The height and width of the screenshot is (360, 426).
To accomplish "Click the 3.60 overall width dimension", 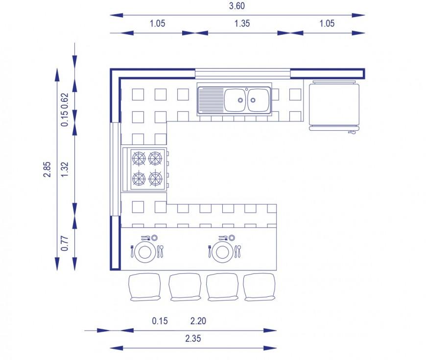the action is pos(237,6).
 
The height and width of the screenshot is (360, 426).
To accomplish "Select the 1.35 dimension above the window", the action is pos(242,24).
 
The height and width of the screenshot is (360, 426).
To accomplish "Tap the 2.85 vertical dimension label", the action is pos(47,169).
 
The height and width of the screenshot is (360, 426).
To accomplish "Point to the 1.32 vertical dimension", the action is pos(65,169).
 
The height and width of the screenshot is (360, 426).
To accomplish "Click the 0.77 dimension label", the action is pos(65,243).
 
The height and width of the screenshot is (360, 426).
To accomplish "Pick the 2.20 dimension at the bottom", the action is pos(198,321).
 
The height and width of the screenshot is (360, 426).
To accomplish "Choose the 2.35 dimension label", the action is pos(193,338).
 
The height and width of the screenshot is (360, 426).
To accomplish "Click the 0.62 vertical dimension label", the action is pos(65,101).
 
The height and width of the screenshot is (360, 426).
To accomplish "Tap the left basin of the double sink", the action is pos(235,100).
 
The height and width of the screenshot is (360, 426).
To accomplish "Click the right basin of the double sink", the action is pos(259,100).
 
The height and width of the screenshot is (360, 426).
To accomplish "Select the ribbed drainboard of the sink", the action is pos(212,100).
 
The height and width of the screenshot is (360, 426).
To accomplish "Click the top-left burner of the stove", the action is pos(139,158).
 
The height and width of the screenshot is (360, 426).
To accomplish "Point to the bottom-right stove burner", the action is pos(155,179).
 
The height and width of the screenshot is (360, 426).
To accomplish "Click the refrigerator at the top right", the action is pos(334,105).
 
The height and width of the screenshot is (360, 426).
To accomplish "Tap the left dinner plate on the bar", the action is pos(145,252).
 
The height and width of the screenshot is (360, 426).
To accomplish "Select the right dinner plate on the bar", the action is pos(222,252).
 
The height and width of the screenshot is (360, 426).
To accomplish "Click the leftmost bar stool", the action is pos(145,287).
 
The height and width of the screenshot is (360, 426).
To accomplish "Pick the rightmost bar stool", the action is pos(260,287).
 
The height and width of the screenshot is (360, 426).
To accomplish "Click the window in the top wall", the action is pos(242,73).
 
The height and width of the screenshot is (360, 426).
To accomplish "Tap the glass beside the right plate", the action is pos(232,238).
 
